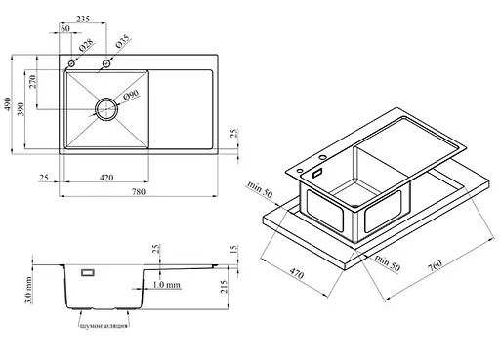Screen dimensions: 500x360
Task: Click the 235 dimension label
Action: click(83, 19)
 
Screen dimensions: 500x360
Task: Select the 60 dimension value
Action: click(65, 28)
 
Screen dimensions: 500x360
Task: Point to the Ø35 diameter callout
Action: click(123, 41)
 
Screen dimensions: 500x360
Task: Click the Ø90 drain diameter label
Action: click(131, 95)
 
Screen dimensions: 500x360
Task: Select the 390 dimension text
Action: click(21, 109)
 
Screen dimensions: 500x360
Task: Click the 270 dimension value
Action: click(32, 82)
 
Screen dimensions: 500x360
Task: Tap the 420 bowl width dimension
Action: click(106, 178)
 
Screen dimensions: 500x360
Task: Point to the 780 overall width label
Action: click(139, 192)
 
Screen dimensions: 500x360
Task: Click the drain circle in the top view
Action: click(106, 109)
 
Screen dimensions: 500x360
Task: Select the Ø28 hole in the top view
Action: click(71, 63)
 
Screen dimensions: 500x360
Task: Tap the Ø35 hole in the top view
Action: click(106, 63)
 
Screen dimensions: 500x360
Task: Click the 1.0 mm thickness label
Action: click(166, 285)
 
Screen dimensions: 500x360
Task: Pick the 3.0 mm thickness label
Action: click(28, 291)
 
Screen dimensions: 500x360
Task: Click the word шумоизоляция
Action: click(104, 326)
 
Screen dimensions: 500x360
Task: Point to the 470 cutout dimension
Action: click(297, 274)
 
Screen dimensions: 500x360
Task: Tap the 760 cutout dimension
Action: click(435, 265)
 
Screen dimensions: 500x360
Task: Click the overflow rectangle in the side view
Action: click(88, 272)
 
